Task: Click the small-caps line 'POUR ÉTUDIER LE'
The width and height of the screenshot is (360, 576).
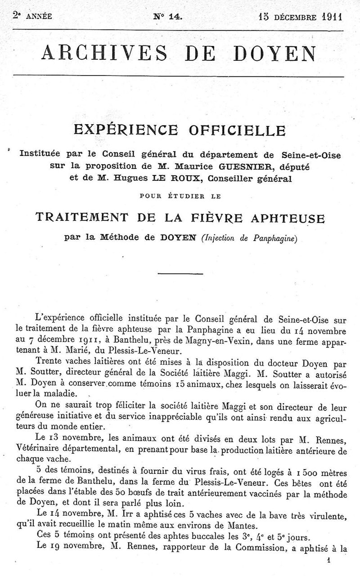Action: tap(181, 195)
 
